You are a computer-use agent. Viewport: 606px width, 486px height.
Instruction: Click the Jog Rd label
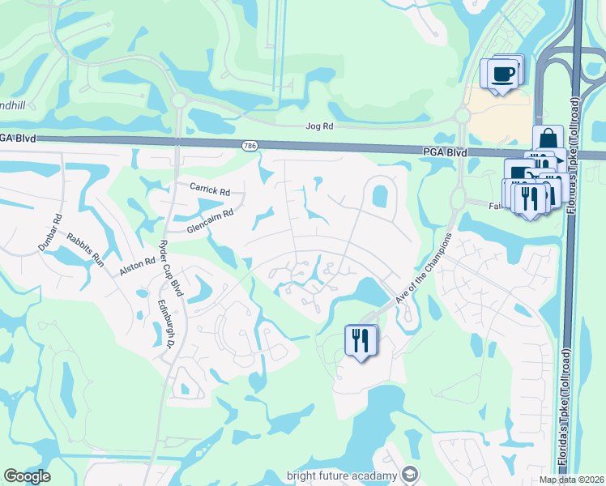tap(319, 127)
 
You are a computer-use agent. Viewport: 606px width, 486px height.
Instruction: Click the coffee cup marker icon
tap(502, 74)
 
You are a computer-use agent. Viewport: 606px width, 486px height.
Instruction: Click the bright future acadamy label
tap(343, 475)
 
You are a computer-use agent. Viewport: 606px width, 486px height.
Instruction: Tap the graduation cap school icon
tap(410, 474)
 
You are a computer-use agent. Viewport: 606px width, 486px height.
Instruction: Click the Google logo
tap(27, 476)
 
